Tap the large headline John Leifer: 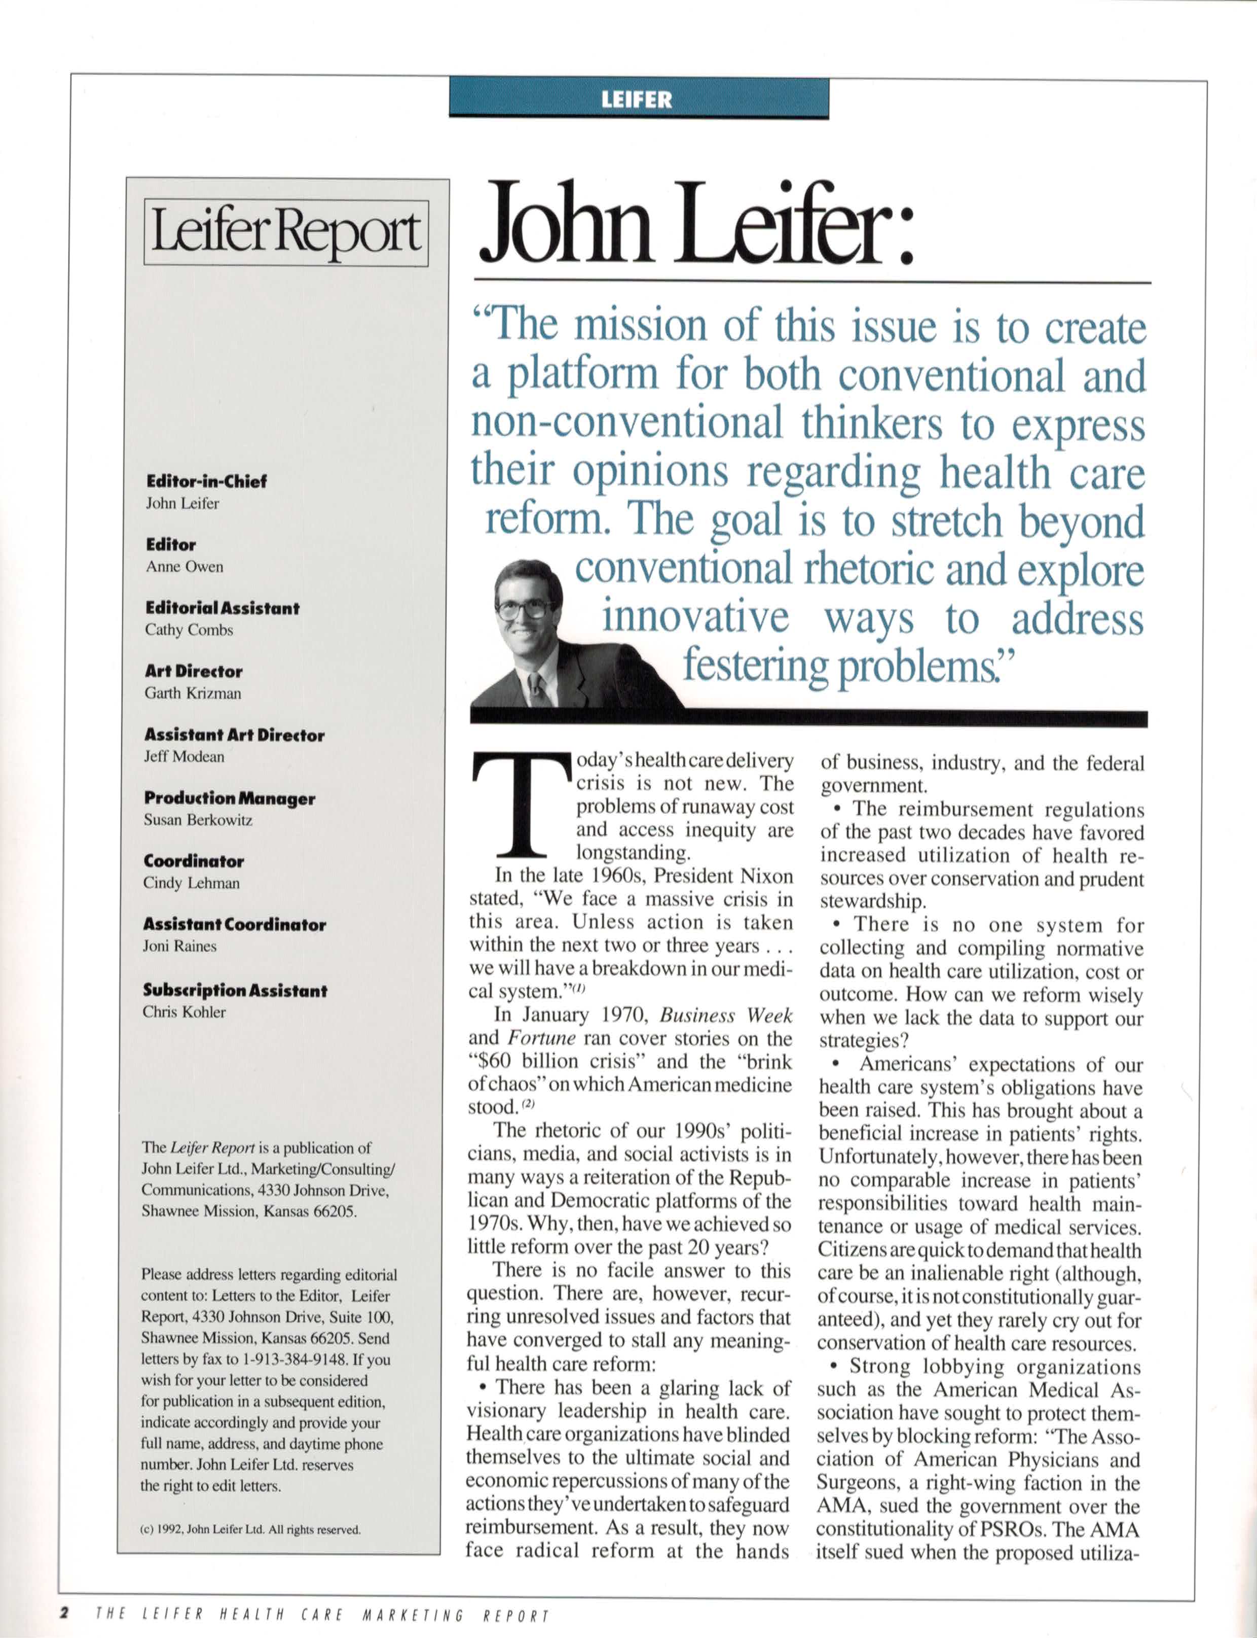pos(696,225)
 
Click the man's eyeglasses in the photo pos(526,607)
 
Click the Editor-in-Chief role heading pos(206,481)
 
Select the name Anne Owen pos(184,567)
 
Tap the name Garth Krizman pos(193,693)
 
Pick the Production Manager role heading pos(230,799)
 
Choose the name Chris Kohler pos(184,1012)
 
